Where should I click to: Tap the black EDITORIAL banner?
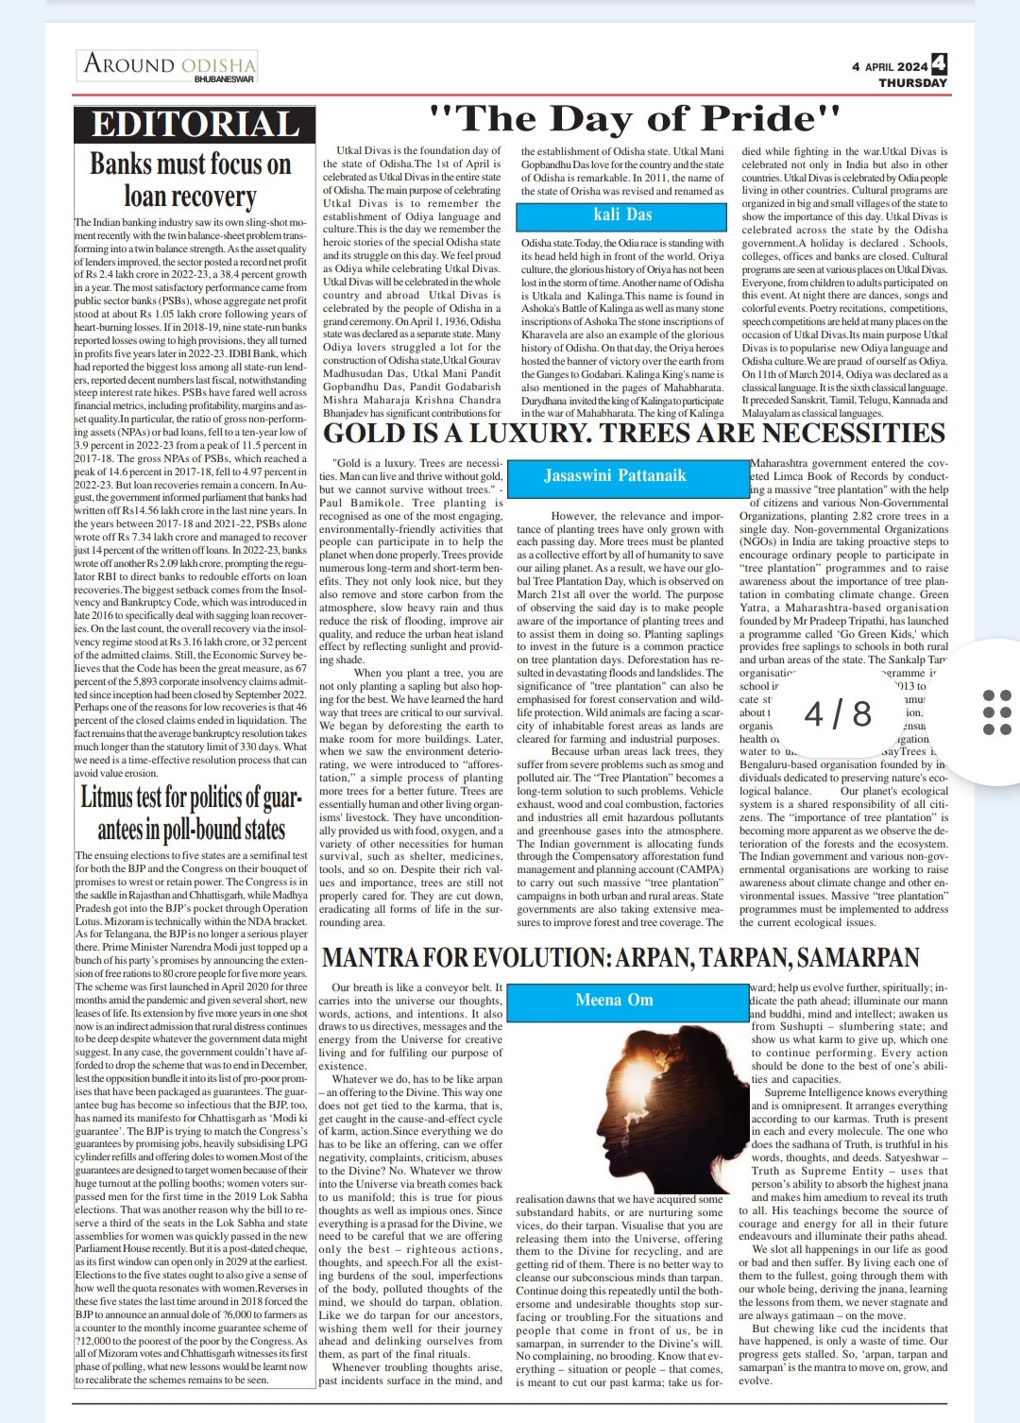pyautogui.click(x=195, y=125)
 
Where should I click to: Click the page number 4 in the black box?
pyautogui.click(x=939, y=63)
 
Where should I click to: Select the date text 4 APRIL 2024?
pyautogui.click(x=890, y=67)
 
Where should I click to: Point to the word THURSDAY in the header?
pyautogui.click(x=912, y=83)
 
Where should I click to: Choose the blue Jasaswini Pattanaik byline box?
pyautogui.click(x=615, y=476)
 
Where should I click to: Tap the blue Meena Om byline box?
pyautogui.click(x=614, y=1000)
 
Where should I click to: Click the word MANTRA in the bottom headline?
pyautogui.click(x=369, y=958)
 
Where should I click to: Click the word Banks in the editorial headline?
pyautogui.click(x=120, y=164)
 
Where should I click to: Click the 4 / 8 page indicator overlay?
pyautogui.click(x=838, y=713)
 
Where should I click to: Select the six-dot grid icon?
pyautogui.click(x=996, y=712)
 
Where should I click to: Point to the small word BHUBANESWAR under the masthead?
pyautogui.click(x=224, y=79)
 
